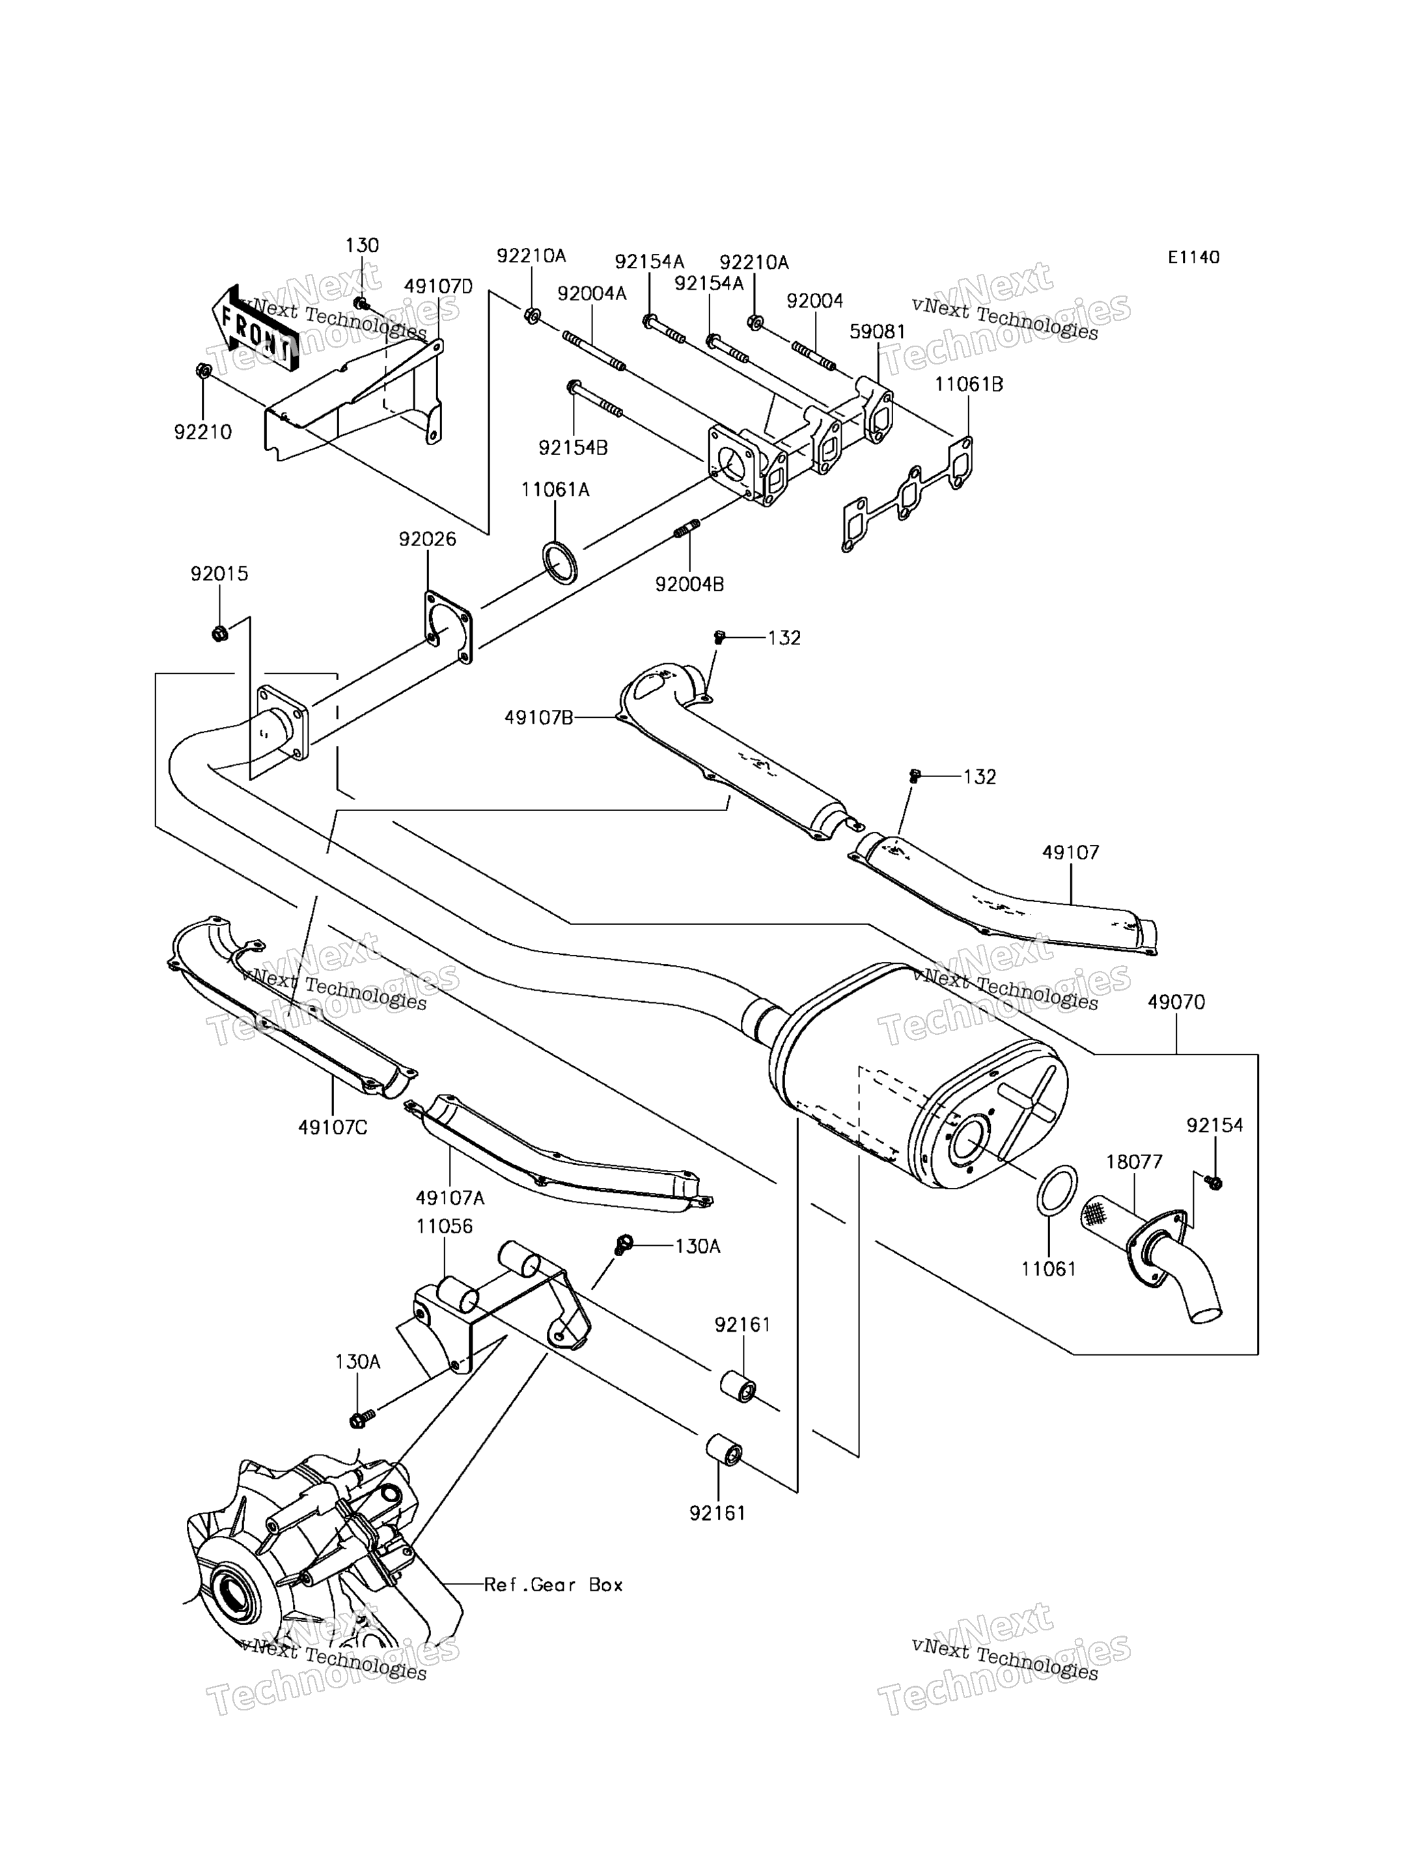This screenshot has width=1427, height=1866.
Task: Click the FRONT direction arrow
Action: coord(253,329)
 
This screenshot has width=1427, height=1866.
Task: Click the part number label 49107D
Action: coord(438,287)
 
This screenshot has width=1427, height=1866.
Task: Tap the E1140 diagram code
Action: coord(1193,257)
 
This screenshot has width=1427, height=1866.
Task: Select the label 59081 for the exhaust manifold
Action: coord(878,332)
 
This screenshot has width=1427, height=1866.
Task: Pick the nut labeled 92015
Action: coord(218,634)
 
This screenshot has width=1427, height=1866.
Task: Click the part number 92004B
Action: coord(689,584)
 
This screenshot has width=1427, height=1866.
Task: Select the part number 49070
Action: coord(1176,1002)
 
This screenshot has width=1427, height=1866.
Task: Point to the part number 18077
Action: coord(1135,1162)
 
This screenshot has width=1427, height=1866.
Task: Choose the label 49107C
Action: coord(333,1128)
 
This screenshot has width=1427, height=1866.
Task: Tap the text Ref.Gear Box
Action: coord(554,1585)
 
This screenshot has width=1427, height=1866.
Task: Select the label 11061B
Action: coord(969,385)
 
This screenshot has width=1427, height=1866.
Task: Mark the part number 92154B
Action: coord(574,448)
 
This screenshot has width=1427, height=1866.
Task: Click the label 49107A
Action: coord(450,1198)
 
